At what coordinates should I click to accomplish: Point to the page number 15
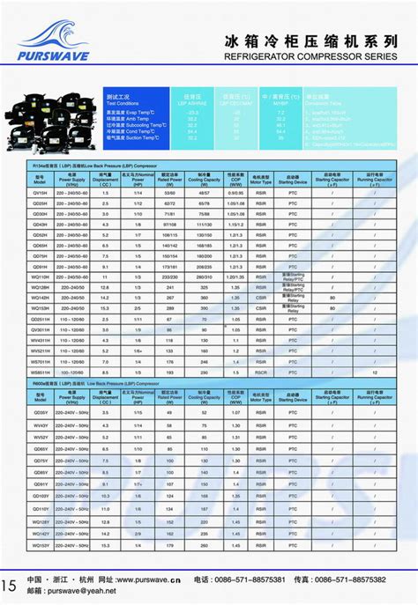click(9, 586)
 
